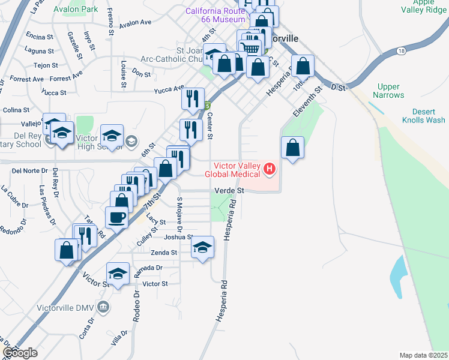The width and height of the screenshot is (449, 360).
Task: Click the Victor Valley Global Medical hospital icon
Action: click(x=269, y=170)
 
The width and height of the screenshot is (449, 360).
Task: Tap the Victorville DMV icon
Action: click(x=103, y=308)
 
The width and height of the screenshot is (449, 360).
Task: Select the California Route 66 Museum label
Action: click(x=215, y=16)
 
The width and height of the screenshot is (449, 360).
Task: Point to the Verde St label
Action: click(x=229, y=190)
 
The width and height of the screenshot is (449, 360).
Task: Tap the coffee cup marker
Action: click(x=116, y=217)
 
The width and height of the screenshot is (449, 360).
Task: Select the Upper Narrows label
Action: click(x=388, y=91)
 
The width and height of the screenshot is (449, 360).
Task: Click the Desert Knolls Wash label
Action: click(x=428, y=116)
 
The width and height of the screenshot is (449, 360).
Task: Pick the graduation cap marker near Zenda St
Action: click(x=203, y=247)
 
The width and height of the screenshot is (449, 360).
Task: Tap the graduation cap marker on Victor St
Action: click(x=118, y=274)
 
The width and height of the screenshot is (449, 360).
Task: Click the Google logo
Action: click(x=20, y=352)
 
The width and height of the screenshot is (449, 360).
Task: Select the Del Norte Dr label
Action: click(x=29, y=171)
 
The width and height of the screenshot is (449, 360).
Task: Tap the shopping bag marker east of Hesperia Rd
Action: click(x=292, y=148)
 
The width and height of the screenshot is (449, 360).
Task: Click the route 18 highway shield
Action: click(x=400, y=52)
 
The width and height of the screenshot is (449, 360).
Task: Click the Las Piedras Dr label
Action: click(x=47, y=205)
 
